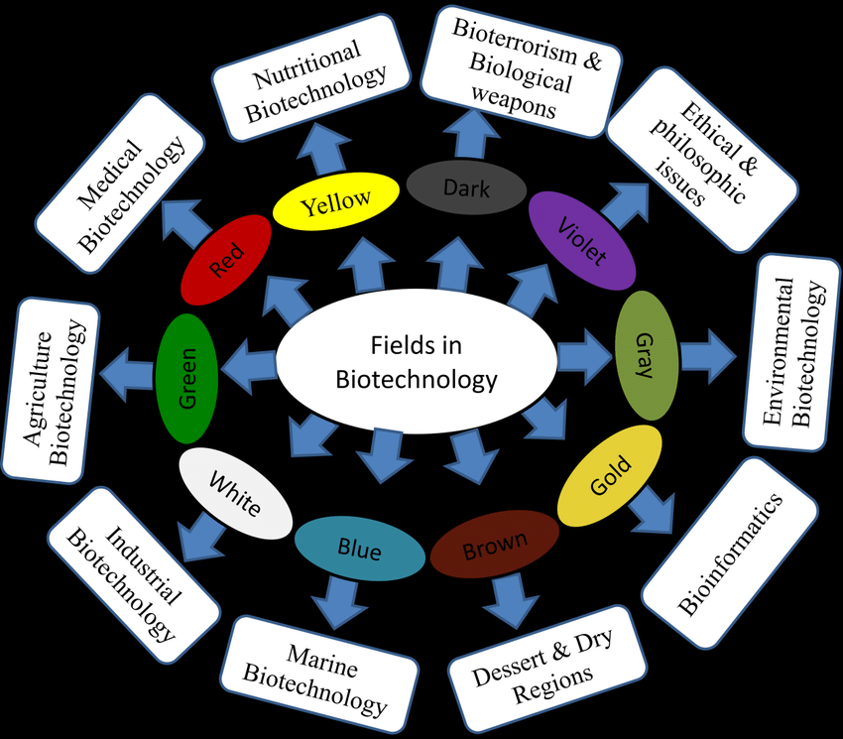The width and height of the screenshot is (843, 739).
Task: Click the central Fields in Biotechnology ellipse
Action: [416, 363]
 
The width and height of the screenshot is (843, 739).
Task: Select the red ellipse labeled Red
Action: [226, 261]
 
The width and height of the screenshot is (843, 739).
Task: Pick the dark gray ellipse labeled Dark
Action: [465, 186]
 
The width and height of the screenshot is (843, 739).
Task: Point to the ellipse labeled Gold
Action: [609, 475]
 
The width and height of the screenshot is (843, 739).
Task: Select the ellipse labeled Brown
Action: [493, 545]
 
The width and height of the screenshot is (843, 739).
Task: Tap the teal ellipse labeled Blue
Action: [359, 548]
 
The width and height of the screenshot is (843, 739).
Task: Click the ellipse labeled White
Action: [234, 493]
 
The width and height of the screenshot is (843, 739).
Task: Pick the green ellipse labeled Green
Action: [186, 377]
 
